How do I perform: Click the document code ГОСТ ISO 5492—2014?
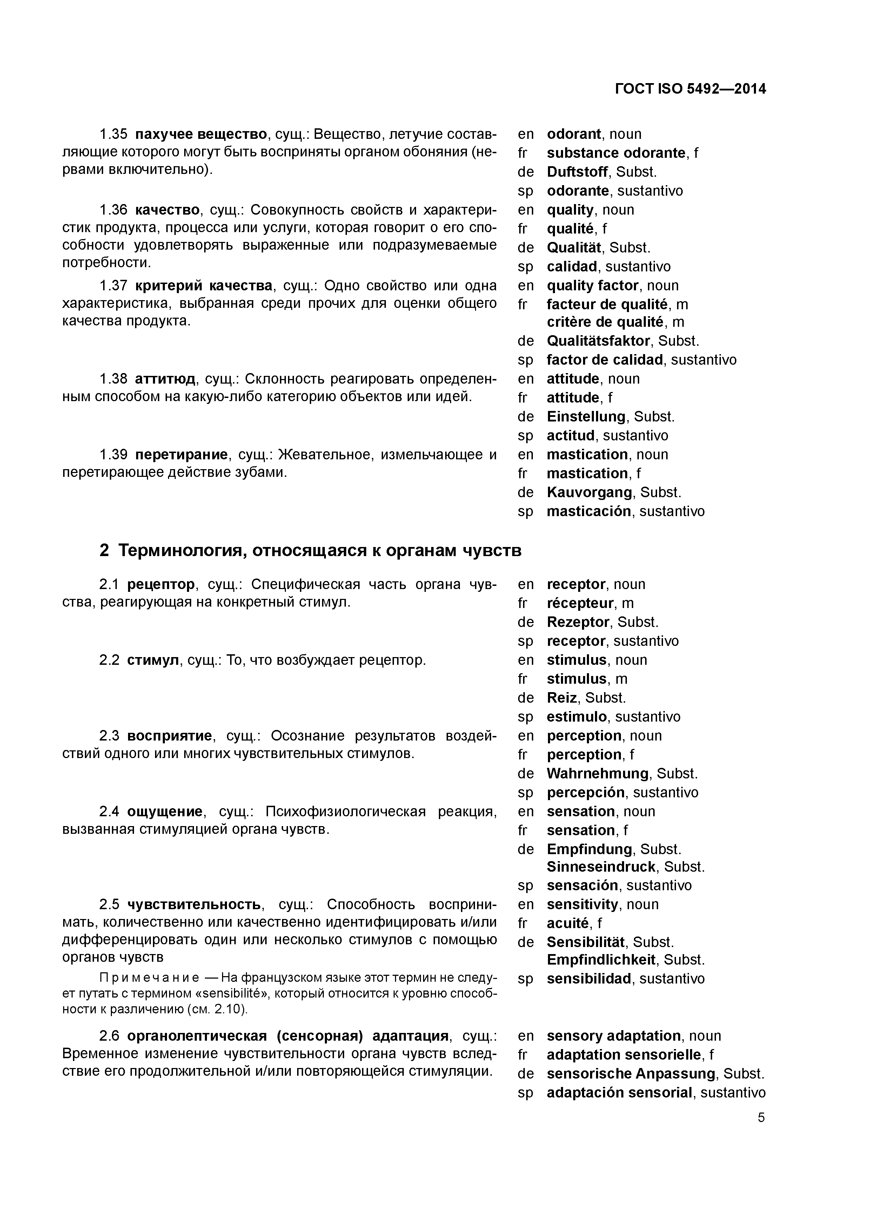(x=690, y=89)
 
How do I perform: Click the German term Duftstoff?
(x=577, y=172)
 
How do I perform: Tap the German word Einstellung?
(x=586, y=417)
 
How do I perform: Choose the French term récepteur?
(x=580, y=603)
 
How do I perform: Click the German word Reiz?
(x=561, y=697)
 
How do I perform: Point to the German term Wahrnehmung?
(x=597, y=773)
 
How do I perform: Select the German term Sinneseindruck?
(x=601, y=867)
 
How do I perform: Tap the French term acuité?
(x=568, y=923)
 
